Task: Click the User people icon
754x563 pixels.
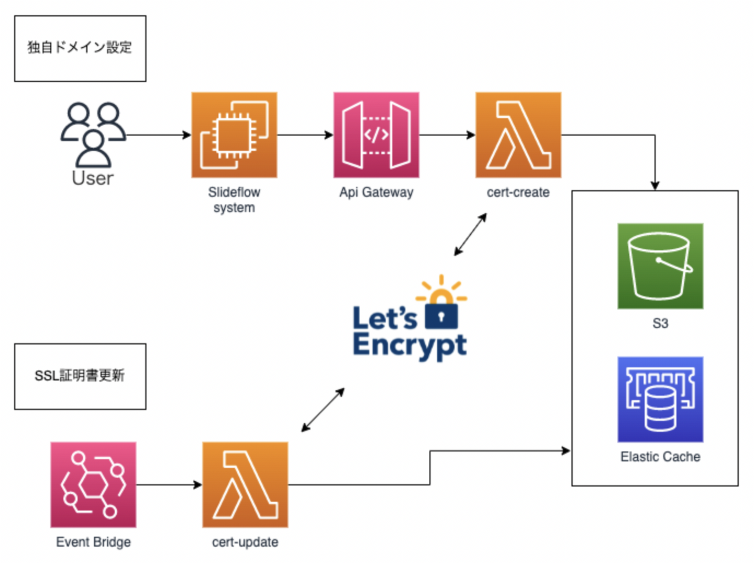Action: click(x=93, y=135)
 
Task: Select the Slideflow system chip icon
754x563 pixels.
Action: click(x=234, y=135)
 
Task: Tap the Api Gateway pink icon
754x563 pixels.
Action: click(x=376, y=135)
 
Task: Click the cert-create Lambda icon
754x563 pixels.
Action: click(x=518, y=135)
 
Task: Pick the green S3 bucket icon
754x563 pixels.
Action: click(x=660, y=266)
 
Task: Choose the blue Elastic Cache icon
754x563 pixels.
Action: click(x=660, y=400)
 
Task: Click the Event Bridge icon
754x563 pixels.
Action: click(x=93, y=484)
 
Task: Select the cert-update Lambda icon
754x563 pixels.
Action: click(x=245, y=484)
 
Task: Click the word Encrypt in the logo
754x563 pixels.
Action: click(x=409, y=346)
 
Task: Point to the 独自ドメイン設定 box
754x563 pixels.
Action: click(x=80, y=48)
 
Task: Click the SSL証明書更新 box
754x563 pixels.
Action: click(x=80, y=376)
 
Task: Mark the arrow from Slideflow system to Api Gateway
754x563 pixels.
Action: click(x=305, y=135)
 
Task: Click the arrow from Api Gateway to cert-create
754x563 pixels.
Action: click(x=447, y=135)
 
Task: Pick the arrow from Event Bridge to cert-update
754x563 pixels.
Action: click(x=169, y=484)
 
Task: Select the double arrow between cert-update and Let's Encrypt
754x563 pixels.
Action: click(x=323, y=410)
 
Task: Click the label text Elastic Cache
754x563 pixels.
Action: click(x=660, y=457)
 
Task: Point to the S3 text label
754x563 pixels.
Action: click(x=660, y=323)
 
